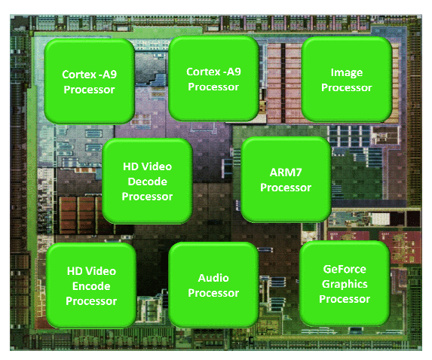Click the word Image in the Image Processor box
[347, 73]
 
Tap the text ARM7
[286, 172]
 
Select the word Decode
[148, 182]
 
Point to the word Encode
[91, 286]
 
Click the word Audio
[213, 278]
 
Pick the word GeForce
[345, 269]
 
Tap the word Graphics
[345, 285]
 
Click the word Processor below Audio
[213, 293]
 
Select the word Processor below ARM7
[286, 188]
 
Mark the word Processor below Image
[347, 88]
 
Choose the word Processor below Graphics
[345, 299]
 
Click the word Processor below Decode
[148, 197]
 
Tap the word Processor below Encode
[91, 301]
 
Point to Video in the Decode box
[158, 166]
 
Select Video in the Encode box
[103, 271]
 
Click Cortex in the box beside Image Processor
[204, 72]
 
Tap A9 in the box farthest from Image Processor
[109, 75]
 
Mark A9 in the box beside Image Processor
[234, 72]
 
